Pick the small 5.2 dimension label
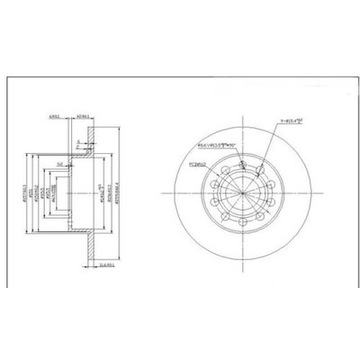(x=57, y=164)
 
